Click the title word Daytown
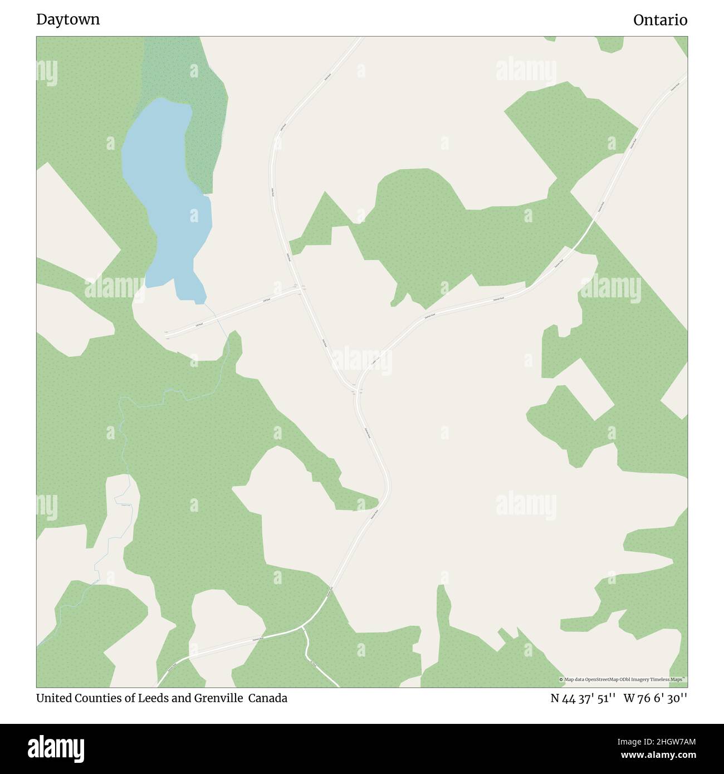tap(68, 19)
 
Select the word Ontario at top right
tap(660, 20)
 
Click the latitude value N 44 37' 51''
tap(583, 698)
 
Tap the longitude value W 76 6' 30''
tap(655, 698)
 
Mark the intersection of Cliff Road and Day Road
tap(301, 289)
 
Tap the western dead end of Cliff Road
tap(167, 336)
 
